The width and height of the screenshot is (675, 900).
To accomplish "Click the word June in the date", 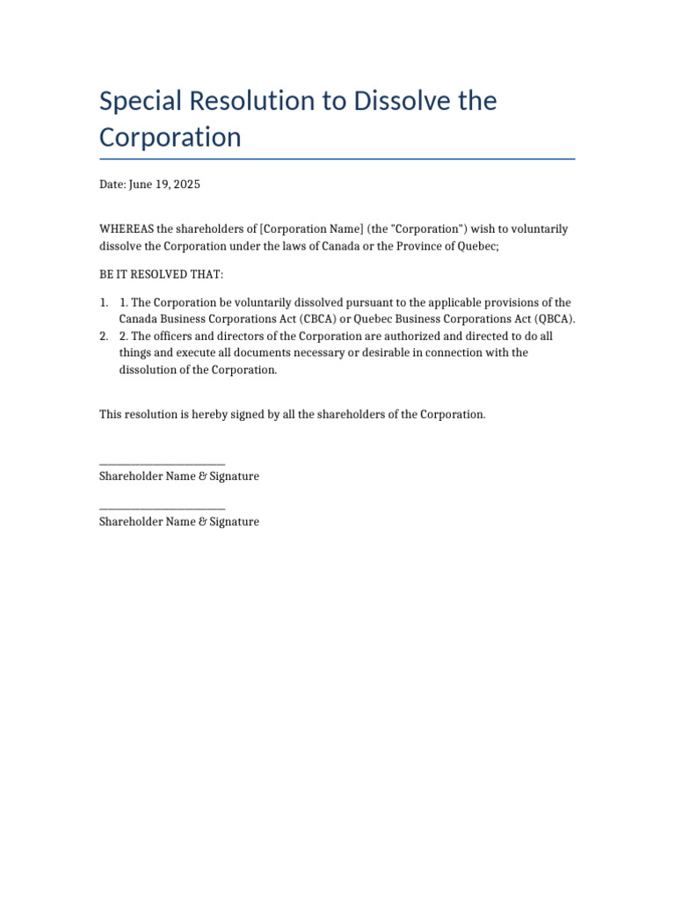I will coord(142,185).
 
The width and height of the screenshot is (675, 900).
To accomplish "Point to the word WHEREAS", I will coord(127,229).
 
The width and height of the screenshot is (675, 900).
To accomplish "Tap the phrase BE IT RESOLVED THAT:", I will coord(162,275).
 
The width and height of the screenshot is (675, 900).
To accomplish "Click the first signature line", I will coord(163,463).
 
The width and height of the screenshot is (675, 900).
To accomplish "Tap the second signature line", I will coord(163,509).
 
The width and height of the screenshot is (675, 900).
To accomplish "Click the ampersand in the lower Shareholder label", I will coord(203,522).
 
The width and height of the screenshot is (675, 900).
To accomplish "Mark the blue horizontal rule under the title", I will coord(337,159).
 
